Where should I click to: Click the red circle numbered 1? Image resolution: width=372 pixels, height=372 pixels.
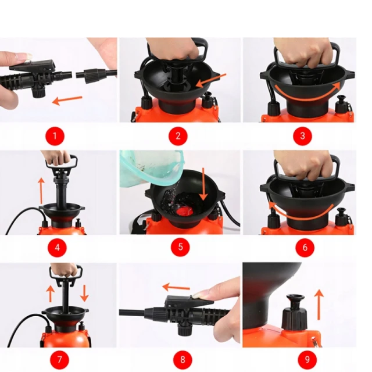click(x=55, y=136)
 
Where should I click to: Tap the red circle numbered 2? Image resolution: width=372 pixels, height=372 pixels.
click(x=178, y=136)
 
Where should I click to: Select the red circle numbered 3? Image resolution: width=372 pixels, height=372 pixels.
click(x=302, y=136)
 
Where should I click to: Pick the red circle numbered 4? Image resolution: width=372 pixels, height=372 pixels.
click(x=57, y=248)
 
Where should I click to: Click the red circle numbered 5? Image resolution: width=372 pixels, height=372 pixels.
click(x=180, y=247)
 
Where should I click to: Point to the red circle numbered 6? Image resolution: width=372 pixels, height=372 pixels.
click(x=305, y=248)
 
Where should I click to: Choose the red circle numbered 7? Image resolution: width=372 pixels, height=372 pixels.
click(x=59, y=359)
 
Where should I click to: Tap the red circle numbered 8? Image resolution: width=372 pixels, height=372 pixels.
click(x=183, y=359)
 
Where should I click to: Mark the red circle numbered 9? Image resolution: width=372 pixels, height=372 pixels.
click(x=307, y=359)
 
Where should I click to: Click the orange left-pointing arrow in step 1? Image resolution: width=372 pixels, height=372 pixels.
click(x=67, y=100)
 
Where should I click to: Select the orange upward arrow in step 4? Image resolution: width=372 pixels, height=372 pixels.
click(x=41, y=190)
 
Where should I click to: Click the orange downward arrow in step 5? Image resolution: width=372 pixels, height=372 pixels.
click(x=203, y=184)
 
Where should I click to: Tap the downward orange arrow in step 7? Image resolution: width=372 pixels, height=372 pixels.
click(x=84, y=293)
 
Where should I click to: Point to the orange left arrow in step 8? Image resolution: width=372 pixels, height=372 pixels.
click(x=176, y=287)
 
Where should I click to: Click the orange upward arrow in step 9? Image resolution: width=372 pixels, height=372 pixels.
click(x=319, y=305)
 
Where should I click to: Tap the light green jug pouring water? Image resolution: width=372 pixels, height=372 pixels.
click(x=152, y=168)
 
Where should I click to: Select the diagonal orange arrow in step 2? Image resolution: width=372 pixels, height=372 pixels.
click(x=211, y=80)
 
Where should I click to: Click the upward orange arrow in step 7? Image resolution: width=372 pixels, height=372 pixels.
click(x=51, y=294)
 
